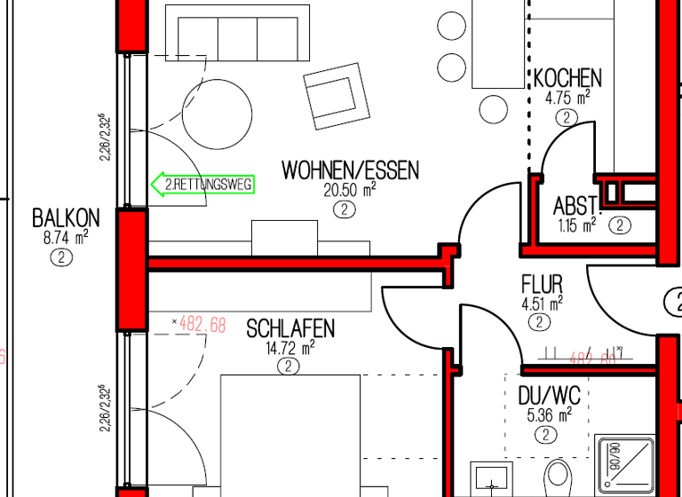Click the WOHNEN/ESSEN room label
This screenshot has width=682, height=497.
tap(350, 170)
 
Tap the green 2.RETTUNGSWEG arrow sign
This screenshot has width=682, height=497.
tap(203, 185)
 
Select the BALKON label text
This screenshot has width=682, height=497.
tap(66, 218)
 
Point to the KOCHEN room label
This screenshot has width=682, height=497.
tap(567, 78)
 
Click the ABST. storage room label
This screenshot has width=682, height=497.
tap(577, 206)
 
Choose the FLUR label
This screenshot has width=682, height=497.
tap(542, 285)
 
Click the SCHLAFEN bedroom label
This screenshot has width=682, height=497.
tap(290, 329)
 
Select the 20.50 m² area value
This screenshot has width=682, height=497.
tap(351, 190)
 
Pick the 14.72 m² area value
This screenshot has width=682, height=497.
tap(290, 349)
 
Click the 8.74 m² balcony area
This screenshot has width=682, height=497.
tap(64, 237)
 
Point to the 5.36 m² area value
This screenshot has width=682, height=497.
tap(546, 414)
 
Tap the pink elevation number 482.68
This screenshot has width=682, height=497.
tap(202, 324)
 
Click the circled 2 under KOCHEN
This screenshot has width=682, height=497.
tap(566, 117)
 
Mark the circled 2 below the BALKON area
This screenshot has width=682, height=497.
tap(61, 257)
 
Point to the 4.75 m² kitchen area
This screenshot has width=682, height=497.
tap(567, 99)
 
